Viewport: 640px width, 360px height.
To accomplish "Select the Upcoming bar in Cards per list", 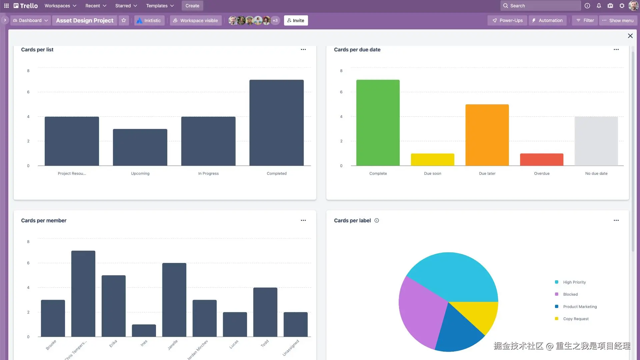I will (140, 147).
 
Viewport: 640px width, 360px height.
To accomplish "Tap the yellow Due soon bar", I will (432, 160).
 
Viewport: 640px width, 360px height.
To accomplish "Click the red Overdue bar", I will (542, 160).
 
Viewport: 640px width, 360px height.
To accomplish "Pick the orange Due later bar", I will (487, 135).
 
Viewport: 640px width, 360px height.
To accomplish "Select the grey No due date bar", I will (596, 141).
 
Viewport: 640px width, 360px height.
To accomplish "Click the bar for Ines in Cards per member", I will (144, 330).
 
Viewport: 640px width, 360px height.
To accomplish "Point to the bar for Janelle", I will (174, 300).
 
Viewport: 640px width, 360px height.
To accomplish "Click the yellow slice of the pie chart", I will (480, 315).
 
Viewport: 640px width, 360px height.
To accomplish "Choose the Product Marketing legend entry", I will (580, 307).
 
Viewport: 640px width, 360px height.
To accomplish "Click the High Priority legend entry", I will (574, 282).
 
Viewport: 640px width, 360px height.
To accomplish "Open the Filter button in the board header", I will (585, 20).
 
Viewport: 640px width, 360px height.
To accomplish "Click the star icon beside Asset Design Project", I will (124, 20).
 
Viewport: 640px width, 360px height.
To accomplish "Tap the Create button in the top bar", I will (192, 6).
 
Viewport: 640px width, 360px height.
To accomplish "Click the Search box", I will (540, 6).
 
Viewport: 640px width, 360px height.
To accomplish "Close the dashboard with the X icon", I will (630, 36).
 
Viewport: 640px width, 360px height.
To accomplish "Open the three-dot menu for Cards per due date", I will (616, 49).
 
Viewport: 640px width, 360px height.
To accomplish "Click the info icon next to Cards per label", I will (377, 220).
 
